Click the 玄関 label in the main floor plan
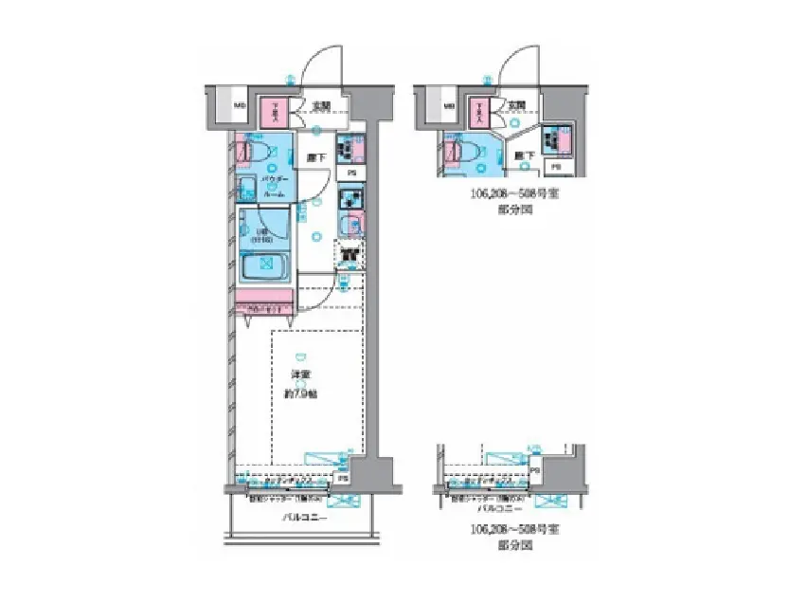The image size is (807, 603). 321,106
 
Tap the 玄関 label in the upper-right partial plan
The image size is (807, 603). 516,106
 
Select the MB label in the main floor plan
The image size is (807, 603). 240,105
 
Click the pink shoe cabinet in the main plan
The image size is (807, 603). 277,113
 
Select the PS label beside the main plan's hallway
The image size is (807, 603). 350,174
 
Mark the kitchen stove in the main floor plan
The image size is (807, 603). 350,200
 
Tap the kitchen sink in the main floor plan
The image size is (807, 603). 350,226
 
